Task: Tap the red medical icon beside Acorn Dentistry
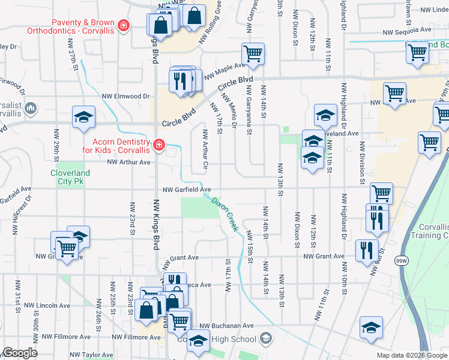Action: (x=158, y=145)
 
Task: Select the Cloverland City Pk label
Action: (x=70, y=178)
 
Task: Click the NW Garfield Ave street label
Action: (x=186, y=190)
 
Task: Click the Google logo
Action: (x=19, y=353)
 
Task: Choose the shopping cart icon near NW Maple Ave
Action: (x=253, y=54)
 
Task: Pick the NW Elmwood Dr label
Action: (x=125, y=96)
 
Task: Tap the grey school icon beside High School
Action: (x=264, y=340)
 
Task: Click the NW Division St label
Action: (x=363, y=162)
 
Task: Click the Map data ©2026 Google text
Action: (x=412, y=355)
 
